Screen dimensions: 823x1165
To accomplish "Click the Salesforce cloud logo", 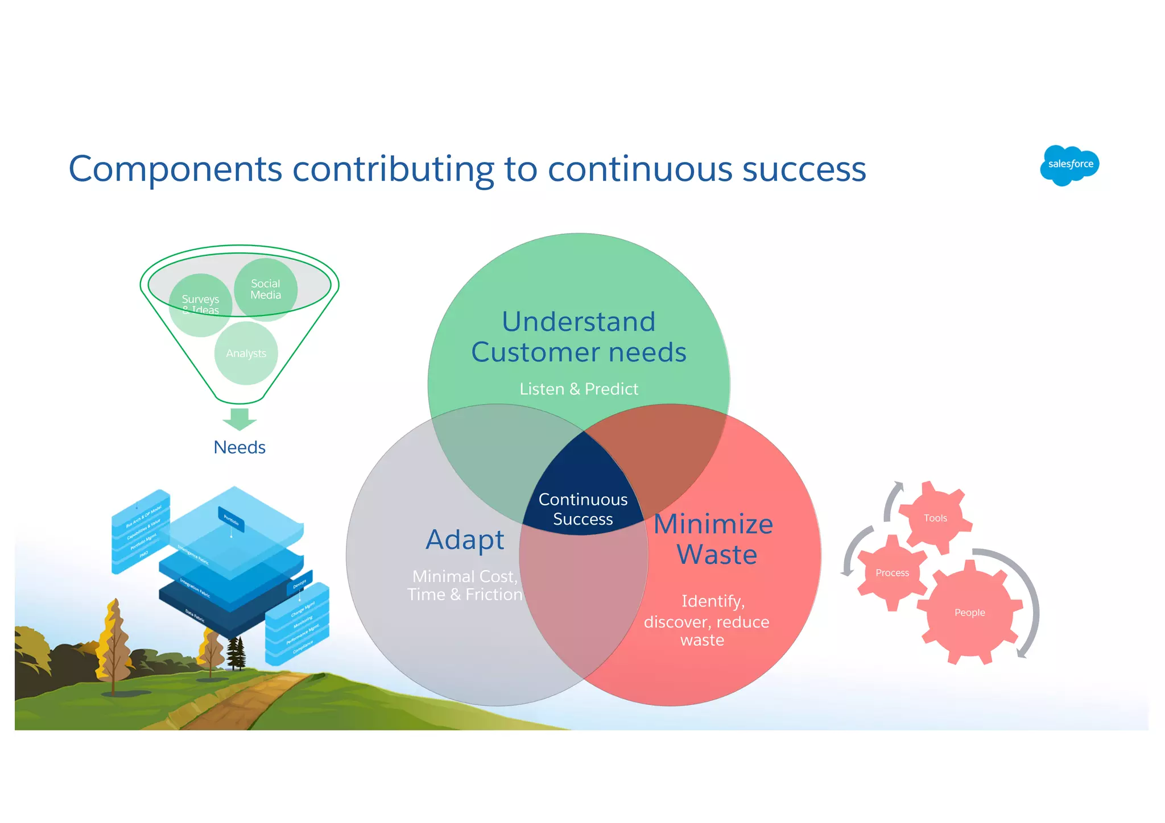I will (1069, 165).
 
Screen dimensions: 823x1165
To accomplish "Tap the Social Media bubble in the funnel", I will (266, 289).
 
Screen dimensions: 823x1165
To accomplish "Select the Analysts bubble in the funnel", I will (246, 354).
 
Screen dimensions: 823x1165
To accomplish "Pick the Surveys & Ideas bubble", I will (200, 304).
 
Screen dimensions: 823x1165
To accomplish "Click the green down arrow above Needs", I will (239, 419).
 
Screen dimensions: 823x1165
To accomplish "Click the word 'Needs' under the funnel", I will (239, 447).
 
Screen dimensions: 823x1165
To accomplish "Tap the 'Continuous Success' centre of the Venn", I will (583, 508).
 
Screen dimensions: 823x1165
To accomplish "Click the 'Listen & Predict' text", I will (579, 389).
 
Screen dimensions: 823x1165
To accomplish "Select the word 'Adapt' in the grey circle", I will (465, 539).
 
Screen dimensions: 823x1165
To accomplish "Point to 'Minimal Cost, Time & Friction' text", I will (464, 585).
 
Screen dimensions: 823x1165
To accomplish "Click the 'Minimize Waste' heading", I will (714, 539).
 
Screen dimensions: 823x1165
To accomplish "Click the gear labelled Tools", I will (935, 518).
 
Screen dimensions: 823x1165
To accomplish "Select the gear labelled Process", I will (891, 573).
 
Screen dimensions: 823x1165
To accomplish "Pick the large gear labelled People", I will (969, 613).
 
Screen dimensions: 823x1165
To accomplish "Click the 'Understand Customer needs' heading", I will (579, 336).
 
